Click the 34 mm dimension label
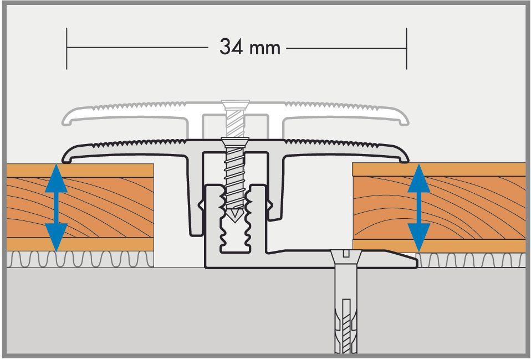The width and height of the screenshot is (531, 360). pos(250,47)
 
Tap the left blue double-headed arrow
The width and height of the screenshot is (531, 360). pos(56,208)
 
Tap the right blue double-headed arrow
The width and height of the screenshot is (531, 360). pos(419,208)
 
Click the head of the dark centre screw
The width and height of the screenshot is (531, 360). pos(235,141)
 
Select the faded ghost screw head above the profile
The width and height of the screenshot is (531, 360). pos(235,104)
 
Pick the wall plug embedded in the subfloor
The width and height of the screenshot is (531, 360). pos(345,325)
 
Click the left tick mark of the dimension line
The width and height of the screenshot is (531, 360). pos(67,48)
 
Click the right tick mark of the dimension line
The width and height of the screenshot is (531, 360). pos(406,48)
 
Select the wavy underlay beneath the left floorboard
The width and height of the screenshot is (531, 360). pos(80,260)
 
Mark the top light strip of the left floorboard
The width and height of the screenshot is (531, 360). pos(80,171)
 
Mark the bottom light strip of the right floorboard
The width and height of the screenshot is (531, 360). pos(439,246)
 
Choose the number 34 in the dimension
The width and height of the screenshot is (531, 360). pos(231,47)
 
